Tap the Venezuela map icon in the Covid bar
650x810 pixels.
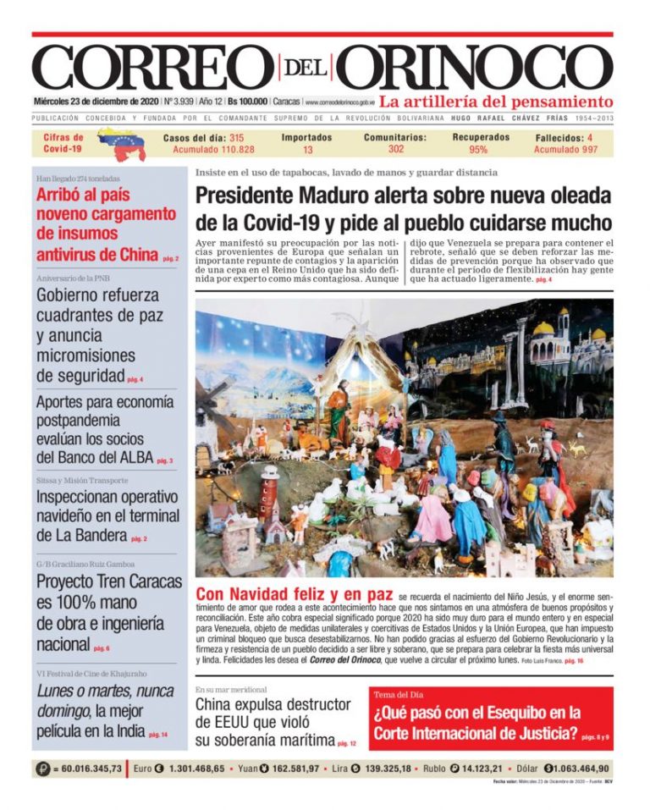(x=121, y=143)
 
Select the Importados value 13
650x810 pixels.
(x=307, y=150)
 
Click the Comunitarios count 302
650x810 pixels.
(x=395, y=149)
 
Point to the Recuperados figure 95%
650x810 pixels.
(x=479, y=150)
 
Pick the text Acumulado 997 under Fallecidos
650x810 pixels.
(x=565, y=150)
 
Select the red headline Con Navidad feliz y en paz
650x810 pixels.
(x=294, y=595)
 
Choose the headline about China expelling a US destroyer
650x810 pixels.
(x=273, y=722)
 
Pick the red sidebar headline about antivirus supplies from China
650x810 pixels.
(x=105, y=223)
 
